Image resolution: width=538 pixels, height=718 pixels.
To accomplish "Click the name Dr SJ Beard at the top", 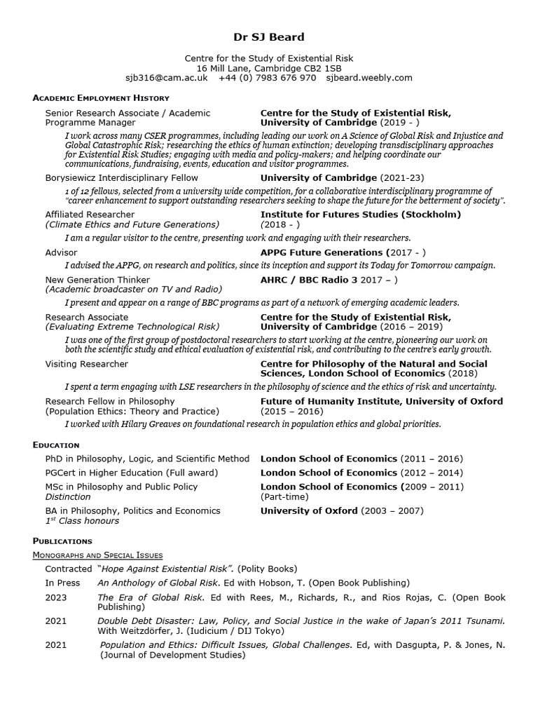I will tap(269, 36).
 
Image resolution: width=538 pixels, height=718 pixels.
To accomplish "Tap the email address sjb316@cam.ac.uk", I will tap(167, 78).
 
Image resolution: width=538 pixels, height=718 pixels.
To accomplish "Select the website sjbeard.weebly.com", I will tap(369, 78).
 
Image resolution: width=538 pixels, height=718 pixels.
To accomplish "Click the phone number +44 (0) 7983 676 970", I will tap(268, 78).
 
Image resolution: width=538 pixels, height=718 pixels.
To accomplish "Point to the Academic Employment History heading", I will tap(101, 98).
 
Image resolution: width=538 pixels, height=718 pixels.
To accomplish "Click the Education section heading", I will tap(56, 445).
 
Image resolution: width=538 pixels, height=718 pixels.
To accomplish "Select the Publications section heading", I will tap(62, 541).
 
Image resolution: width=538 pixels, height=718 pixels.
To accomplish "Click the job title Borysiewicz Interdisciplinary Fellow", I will tap(122, 178).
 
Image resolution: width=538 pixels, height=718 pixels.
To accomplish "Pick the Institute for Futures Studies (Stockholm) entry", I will tap(360, 215).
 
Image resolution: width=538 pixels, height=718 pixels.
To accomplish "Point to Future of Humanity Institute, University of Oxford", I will tap(381, 401).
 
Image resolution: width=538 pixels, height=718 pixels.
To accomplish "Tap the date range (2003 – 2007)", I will tap(392, 510).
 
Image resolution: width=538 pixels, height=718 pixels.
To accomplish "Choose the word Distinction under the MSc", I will tap(68, 496).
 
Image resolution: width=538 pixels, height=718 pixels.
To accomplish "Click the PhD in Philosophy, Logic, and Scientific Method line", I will tap(147, 459).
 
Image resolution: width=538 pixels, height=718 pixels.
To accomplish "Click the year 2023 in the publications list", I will tap(57, 597).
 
